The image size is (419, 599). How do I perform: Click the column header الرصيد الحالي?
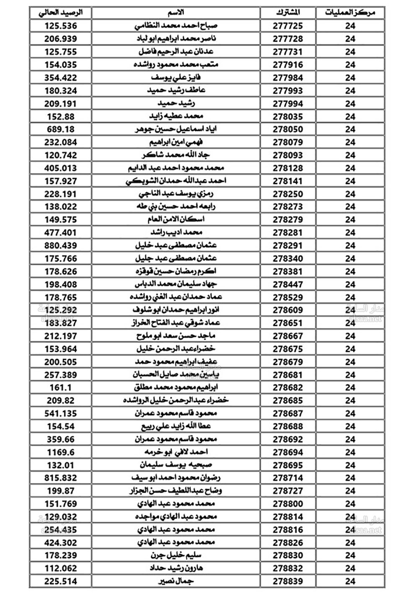coord(60,13)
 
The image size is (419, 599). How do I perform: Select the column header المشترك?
coord(288,13)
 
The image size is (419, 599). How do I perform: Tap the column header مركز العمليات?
coord(350,13)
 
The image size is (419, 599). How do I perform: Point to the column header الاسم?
coord(176,13)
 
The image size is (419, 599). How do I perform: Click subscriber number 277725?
coord(288,26)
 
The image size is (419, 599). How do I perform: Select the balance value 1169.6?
coord(61,452)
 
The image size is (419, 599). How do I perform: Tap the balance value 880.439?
coord(61,245)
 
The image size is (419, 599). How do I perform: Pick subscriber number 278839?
coord(288,581)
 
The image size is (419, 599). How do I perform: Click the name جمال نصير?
coord(176,581)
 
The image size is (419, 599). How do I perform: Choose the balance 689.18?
coord(61,129)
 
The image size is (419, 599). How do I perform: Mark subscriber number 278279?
coord(288,219)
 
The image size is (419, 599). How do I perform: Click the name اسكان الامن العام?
coord(176,219)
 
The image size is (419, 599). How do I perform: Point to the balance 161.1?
coord(61,388)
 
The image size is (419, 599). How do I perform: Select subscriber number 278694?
coord(288,452)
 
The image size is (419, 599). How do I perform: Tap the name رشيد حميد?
coord(176,103)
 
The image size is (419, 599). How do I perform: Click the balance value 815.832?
coord(61,478)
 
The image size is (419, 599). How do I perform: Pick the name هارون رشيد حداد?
coord(176,568)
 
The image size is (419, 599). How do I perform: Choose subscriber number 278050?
coord(288,129)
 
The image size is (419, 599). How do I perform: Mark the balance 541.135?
coord(61,413)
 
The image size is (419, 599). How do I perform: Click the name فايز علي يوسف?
coord(176,77)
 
